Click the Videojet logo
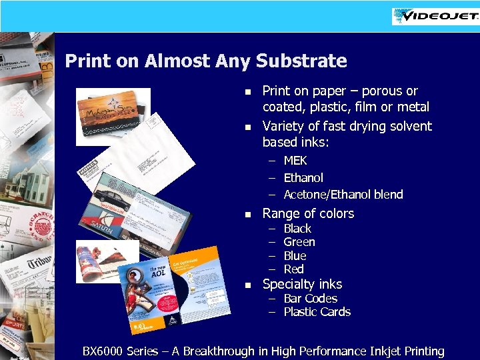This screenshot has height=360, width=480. [x=435, y=16]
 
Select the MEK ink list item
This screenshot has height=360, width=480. [x=295, y=161]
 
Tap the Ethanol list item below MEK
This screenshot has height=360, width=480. [x=303, y=178]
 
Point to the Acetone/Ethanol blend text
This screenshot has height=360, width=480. [x=343, y=195]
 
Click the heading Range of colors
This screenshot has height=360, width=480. [x=308, y=213]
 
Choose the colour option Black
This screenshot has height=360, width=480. [x=297, y=229]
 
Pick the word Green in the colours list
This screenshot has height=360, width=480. [x=299, y=242]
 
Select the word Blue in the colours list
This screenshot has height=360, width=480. [x=295, y=256]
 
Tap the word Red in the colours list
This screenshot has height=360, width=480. [x=293, y=269]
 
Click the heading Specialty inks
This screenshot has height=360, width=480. [x=302, y=284]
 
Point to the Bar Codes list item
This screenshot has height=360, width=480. [x=310, y=299]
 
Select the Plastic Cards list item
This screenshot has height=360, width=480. [x=317, y=312]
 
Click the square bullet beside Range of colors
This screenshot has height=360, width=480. [x=247, y=215]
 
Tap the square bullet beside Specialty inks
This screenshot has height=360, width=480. [x=247, y=285]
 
